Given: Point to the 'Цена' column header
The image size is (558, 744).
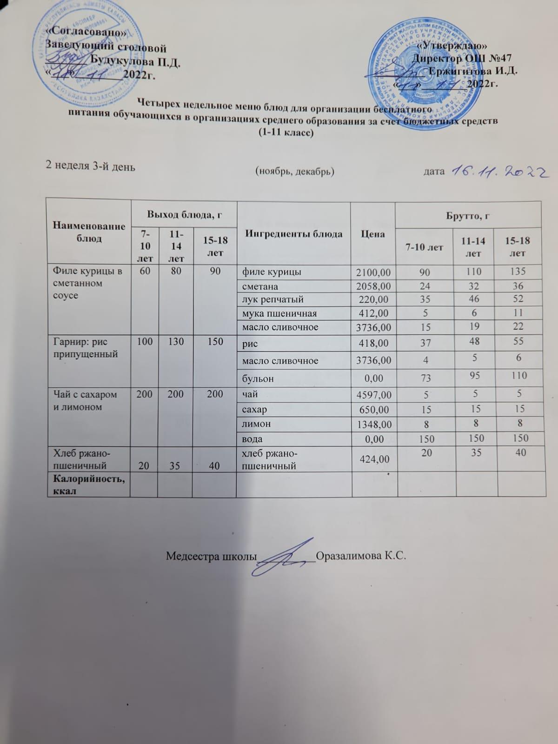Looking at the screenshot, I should [x=373, y=234].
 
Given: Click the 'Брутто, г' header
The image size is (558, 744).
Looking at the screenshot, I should [x=468, y=216].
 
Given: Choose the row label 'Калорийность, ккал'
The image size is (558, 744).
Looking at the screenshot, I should [x=88, y=484].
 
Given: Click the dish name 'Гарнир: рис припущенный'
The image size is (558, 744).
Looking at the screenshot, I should [x=86, y=348].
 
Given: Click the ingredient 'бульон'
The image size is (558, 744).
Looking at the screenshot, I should [x=258, y=379].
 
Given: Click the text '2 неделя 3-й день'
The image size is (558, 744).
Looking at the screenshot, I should [x=90, y=166].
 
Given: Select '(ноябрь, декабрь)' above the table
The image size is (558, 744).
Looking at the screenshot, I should [x=295, y=172].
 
